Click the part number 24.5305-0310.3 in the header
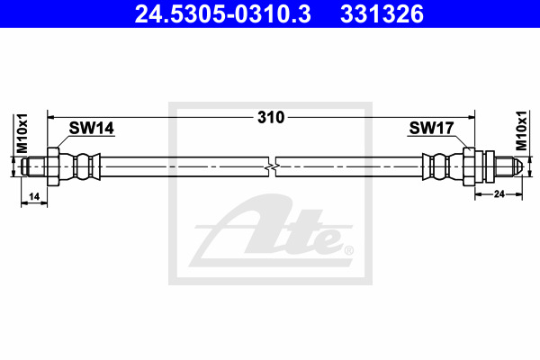coord(223,14)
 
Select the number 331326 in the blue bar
coord(382,14)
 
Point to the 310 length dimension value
coord(271,118)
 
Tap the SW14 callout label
coord(91,128)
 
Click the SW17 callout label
coord(431,128)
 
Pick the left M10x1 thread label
coord(22,133)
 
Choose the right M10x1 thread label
coord(521,130)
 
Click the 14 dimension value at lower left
coord(34,197)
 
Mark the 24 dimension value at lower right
coord(499,194)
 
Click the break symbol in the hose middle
coord(272,167)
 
